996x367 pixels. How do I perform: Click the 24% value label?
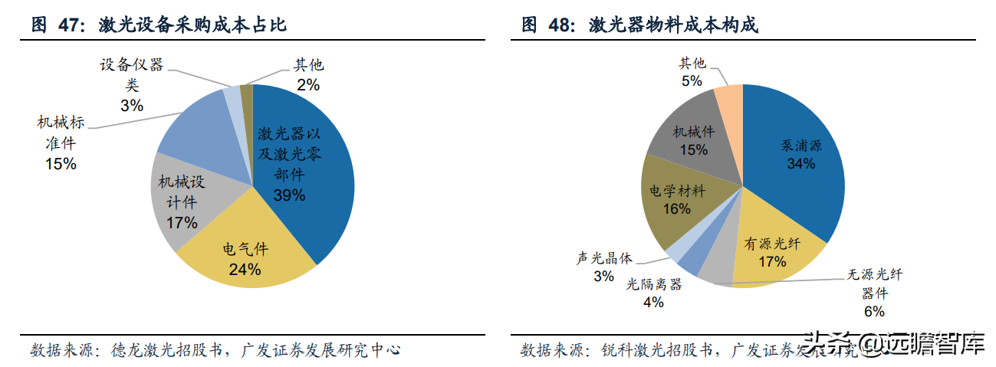pyautogui.click(x=245, y=269)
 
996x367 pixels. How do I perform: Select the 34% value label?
pyautogui.click(x=800, y=163)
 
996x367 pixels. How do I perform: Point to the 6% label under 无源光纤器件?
pyautogui.click(x=873, y=311)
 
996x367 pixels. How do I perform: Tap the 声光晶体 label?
pyautogui.click(x=604, y=259)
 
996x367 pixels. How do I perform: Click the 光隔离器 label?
pyautogui.click(x=653, y=285)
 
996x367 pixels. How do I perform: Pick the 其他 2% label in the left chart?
pyautogui.click(x=308, y=75)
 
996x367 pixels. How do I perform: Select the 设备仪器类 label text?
pyautogui.click(x=132, y=75)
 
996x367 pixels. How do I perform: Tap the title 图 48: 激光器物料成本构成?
pyautogui.click(x=639, y=25)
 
